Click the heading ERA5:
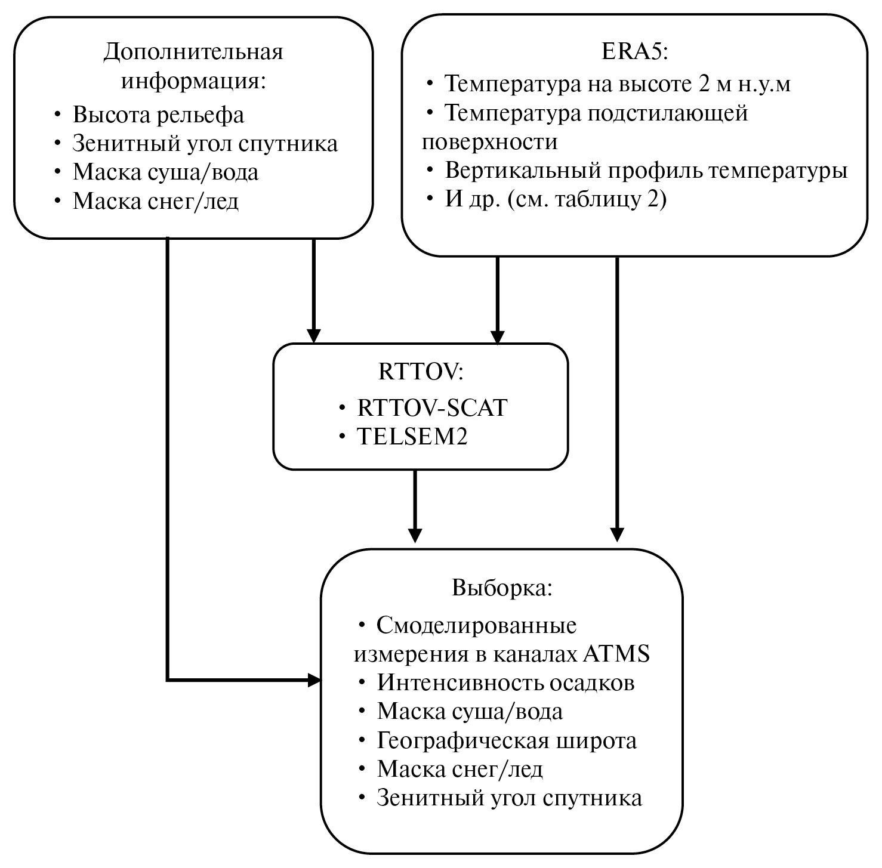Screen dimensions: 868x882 [635, 52]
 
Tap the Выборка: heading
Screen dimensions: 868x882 [502, 588]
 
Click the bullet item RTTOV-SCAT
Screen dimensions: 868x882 [432, 408]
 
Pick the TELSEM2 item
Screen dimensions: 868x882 [412, 437]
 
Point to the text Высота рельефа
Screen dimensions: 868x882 [158, 115]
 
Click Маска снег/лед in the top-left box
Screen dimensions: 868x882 [156, 202]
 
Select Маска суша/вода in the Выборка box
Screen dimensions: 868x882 [470, 711]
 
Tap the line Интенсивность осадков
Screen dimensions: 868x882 [505, 682]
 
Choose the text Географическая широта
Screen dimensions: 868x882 [507, 740]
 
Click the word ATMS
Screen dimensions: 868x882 [615, 654]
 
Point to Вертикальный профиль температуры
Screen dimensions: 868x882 [646, 171]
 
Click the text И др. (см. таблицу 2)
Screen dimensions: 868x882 [556, 199]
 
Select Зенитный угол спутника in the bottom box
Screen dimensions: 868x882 [509, 798]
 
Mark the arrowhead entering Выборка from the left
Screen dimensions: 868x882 [314, 679]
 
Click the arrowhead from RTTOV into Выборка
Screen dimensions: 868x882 [415, 535]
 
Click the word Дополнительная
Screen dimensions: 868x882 [193, 52]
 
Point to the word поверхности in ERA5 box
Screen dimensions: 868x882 [489, 142]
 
